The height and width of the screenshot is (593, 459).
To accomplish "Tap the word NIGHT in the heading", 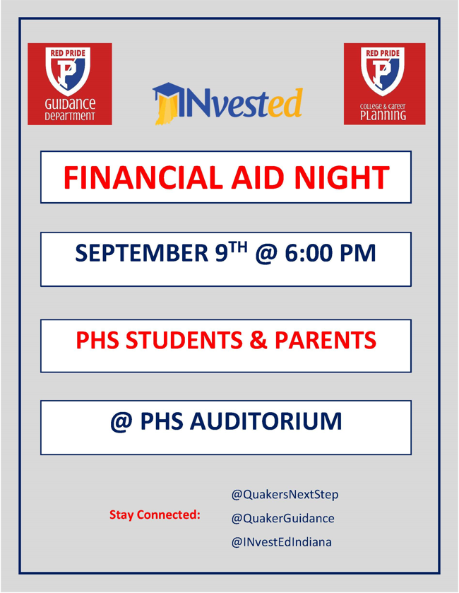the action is tap(342, 177).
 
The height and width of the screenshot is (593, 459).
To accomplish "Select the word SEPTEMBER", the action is tap(142, 253).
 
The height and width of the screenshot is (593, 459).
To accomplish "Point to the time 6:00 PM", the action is tap(330, 253).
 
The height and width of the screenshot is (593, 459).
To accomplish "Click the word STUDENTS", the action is tap(184, 339).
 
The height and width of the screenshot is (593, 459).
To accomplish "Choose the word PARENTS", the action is tap(326, 339).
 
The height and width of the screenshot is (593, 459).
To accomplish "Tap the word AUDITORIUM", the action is tap(266, 421).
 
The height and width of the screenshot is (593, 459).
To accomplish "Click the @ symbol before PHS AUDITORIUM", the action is tap(121, 422).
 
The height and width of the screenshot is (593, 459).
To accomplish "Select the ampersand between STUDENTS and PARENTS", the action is tap(258, 339).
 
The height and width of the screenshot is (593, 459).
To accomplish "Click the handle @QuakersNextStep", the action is tap(285, 494).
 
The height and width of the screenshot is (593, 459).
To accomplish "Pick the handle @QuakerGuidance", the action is tap(283, 518).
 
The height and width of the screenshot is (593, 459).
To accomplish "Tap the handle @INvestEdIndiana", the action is tap(282, 542).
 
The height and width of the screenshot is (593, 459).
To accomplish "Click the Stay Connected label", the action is tap(155, 515).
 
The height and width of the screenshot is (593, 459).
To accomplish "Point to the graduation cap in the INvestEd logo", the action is tap(166, 91).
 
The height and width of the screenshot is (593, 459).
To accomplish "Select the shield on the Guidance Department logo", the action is tap(68, 71).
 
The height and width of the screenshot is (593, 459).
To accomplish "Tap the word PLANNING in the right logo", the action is tap(383, 115).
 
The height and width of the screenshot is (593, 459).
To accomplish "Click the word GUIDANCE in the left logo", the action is tap(70, 104).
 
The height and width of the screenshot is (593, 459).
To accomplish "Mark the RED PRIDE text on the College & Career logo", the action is tap(383, 53).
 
